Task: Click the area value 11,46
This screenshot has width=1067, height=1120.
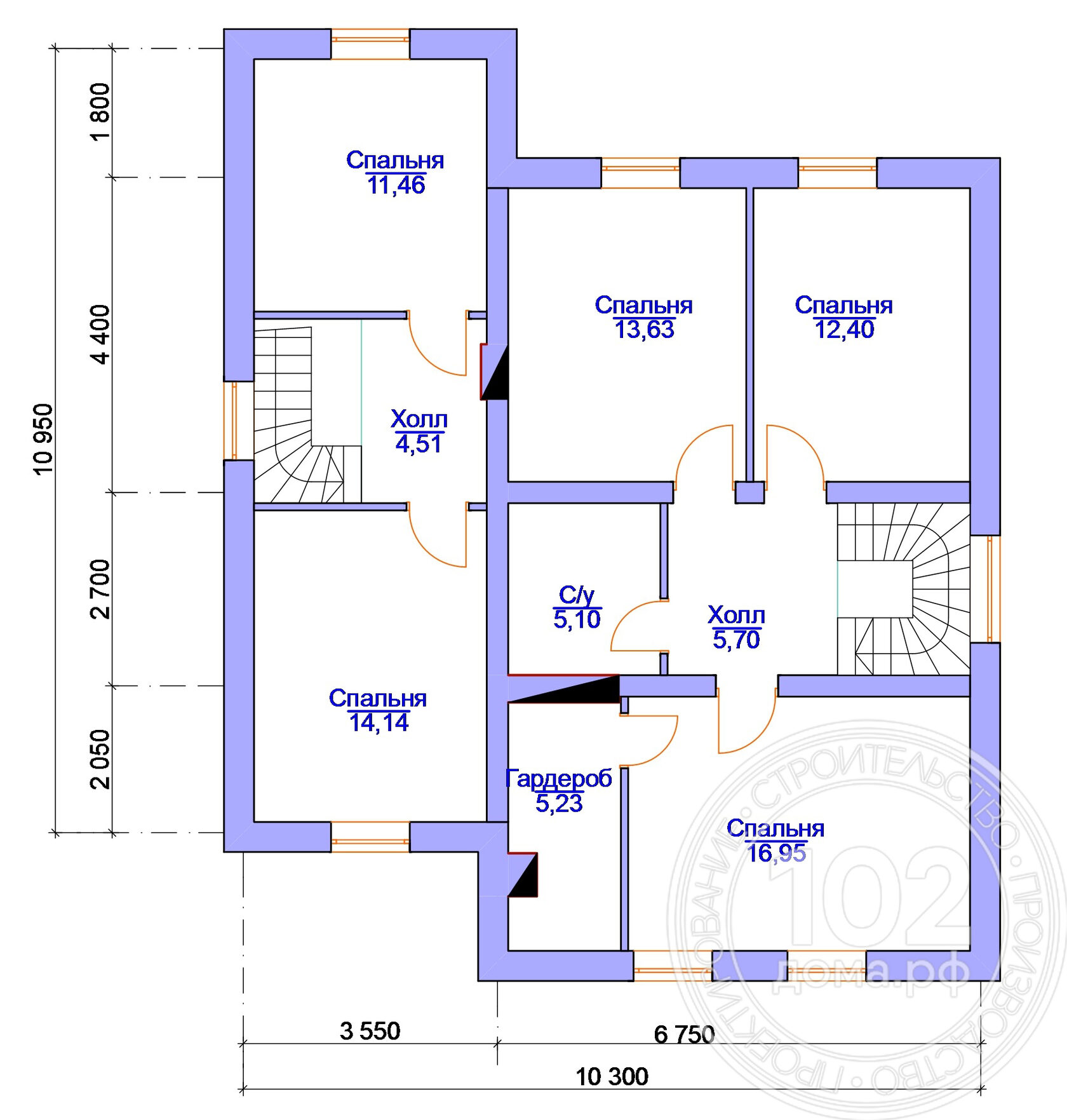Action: point(396,186)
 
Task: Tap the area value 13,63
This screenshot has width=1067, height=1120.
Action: point(644,330)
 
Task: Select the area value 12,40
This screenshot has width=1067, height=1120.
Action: point(844,330)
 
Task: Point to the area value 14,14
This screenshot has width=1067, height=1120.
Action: point(379,723)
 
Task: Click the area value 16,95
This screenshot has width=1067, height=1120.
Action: point(776,853)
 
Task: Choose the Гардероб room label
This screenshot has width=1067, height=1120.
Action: point(559,778)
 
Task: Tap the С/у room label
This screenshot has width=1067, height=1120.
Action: point(577,595)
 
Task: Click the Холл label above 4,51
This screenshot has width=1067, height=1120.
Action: point(419,419)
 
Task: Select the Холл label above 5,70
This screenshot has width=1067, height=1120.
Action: point(736,615)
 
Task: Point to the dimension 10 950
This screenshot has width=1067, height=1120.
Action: point(43,439)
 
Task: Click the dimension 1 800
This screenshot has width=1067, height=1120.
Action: point(100,111)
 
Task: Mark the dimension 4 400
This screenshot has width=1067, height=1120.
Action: point(100,334)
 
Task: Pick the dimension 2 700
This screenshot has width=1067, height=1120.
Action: point(100,589)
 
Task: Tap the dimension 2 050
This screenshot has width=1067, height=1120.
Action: point(100,759)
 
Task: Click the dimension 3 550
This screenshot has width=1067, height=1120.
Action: point(370,1031)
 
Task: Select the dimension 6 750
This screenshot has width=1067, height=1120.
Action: point(684,1035)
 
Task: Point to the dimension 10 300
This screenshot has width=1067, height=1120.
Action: point(612,1077)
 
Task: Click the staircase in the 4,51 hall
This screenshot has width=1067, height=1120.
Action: point(308,415)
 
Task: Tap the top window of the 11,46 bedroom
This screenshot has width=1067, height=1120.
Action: point(370,44)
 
